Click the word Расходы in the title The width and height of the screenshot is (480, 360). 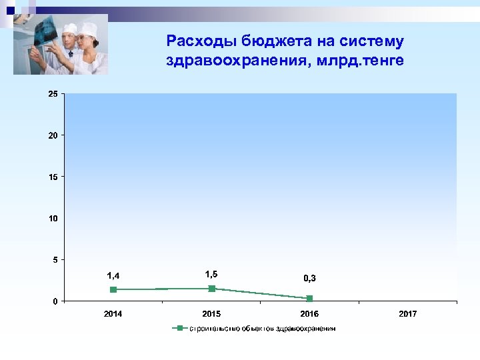(x=197, y=42)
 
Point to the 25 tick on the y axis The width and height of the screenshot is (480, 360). (x=53, y=94)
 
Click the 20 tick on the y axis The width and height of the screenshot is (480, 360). (x=53, y=135)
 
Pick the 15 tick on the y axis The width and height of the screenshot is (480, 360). (x=53, y=177)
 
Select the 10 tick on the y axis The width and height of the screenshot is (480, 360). (x=53, y=219)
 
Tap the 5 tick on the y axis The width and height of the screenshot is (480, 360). (x=55, y=260)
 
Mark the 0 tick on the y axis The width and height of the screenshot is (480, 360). (x=55, y=301)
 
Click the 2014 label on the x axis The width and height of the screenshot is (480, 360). (x=113, y=313)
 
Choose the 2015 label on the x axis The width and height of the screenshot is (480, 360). (x=211, y=313)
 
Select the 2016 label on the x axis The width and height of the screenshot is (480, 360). (x=309, y=313)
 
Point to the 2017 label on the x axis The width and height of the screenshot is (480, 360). (x=407, y=313)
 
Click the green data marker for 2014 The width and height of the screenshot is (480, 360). (x=113, y=289)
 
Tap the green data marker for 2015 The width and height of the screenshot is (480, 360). (x=211, y=289)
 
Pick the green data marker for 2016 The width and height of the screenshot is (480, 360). (x=309, y=299)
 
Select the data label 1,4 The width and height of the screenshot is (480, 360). (x=113, y=275)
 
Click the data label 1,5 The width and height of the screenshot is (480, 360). (x=211, y=274)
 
